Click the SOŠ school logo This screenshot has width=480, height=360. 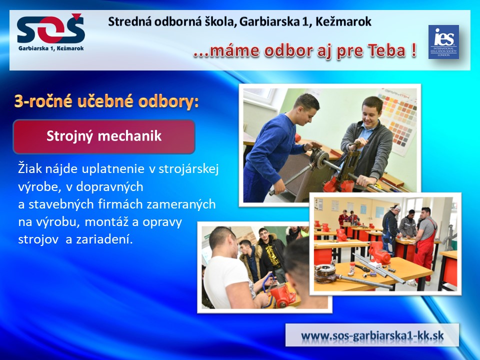(51, 32)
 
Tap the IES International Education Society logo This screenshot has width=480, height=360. (443, 42)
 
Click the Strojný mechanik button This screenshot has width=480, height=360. (104, 136)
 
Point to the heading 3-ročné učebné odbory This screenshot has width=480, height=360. (106, 101)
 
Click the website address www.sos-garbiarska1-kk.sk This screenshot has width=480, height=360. (372, 335)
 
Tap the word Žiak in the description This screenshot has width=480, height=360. (30, 168)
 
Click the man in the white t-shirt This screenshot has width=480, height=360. (232, 269)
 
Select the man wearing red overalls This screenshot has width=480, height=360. (426, 242)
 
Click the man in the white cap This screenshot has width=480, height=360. (391, 229)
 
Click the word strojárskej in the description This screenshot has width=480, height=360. (188, 169)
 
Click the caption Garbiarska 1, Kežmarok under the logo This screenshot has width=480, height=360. (51, 48)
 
